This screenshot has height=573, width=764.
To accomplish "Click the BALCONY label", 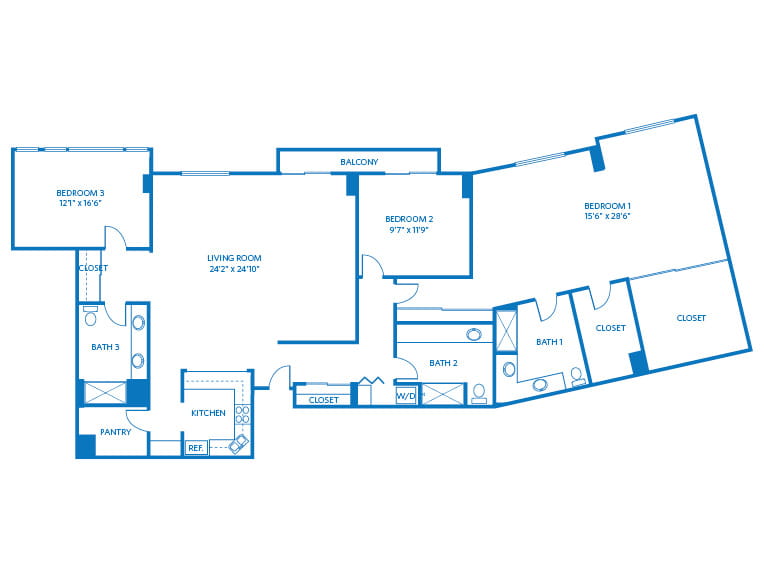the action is point(359,162).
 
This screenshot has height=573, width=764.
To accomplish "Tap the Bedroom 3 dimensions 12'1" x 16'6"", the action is point(80,203).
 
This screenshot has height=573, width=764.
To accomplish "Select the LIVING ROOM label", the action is point(234,258).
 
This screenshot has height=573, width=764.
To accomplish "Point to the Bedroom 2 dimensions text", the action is point(408,230).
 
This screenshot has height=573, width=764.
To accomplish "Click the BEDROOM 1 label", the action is point(608,206).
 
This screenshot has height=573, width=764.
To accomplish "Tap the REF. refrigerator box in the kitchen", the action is point(196,448).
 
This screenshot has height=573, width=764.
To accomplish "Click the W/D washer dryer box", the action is point(405,396).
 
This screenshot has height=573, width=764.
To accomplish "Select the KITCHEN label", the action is point(208,413).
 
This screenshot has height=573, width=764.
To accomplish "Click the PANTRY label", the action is point(115,432).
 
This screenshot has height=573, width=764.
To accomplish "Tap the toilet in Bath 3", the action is point(91,316).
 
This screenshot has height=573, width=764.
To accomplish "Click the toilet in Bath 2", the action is point(479,394).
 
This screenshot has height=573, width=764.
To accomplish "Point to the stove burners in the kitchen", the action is point(243,415).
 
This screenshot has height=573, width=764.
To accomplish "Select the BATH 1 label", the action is point(549,342).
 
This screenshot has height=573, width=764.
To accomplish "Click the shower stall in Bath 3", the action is point(105,393).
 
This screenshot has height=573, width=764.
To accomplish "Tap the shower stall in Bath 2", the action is point(442,394).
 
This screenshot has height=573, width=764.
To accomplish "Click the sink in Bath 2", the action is point(474,335).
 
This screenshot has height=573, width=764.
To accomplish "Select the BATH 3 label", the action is point(105,347).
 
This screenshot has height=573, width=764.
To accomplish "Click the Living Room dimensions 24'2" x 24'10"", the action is point(234,268).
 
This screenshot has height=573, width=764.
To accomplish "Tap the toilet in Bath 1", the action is point(577,377).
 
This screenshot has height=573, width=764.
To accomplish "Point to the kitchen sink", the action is point(239,444).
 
